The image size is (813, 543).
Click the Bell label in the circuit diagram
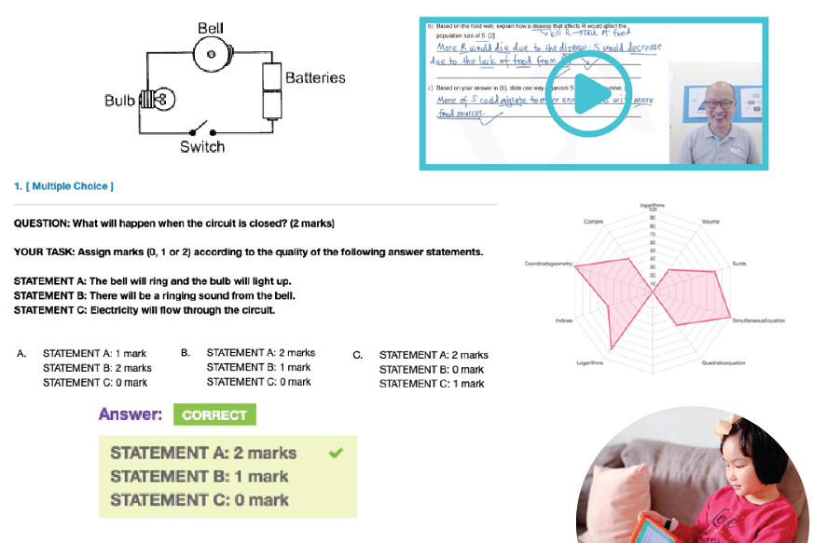click(x=211, y=29)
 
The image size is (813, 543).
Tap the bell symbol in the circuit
click(x=212, y=55)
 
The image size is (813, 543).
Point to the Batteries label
click(x=315, y=78)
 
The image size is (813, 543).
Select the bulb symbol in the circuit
click(x=158, y=99)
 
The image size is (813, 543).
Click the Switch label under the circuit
click(x=202, y=147)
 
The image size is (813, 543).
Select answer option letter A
click(x=21, y=354)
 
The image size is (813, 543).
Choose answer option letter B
click(x=186, y=353)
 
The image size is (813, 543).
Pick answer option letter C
click(x=358, y=355)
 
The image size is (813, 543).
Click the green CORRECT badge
click(x=214, y=415)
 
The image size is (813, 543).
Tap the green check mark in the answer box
click(x=336, y=453)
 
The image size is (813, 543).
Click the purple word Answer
click(x=131, y=414)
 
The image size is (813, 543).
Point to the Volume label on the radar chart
click(x=710, y=222)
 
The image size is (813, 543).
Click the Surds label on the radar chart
click(x=739, y=264)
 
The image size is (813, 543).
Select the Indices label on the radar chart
click(x=563, y=320)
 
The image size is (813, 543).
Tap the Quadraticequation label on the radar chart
click(x=723, y=362)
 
